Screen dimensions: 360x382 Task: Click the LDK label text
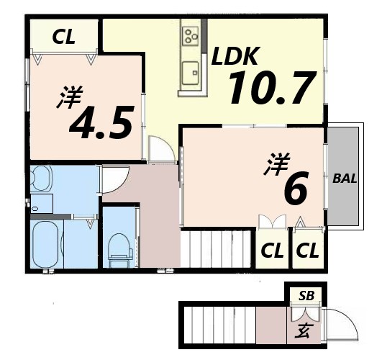(238, 55)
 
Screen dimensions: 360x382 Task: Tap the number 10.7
(272, 89)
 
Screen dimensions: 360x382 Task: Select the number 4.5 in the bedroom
(101, 123)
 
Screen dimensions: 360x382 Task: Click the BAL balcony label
(345, 177)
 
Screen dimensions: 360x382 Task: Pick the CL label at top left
(63, 38)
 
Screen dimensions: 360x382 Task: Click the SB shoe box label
(305, 295)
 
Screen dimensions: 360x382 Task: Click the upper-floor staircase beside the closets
(217, 248)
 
